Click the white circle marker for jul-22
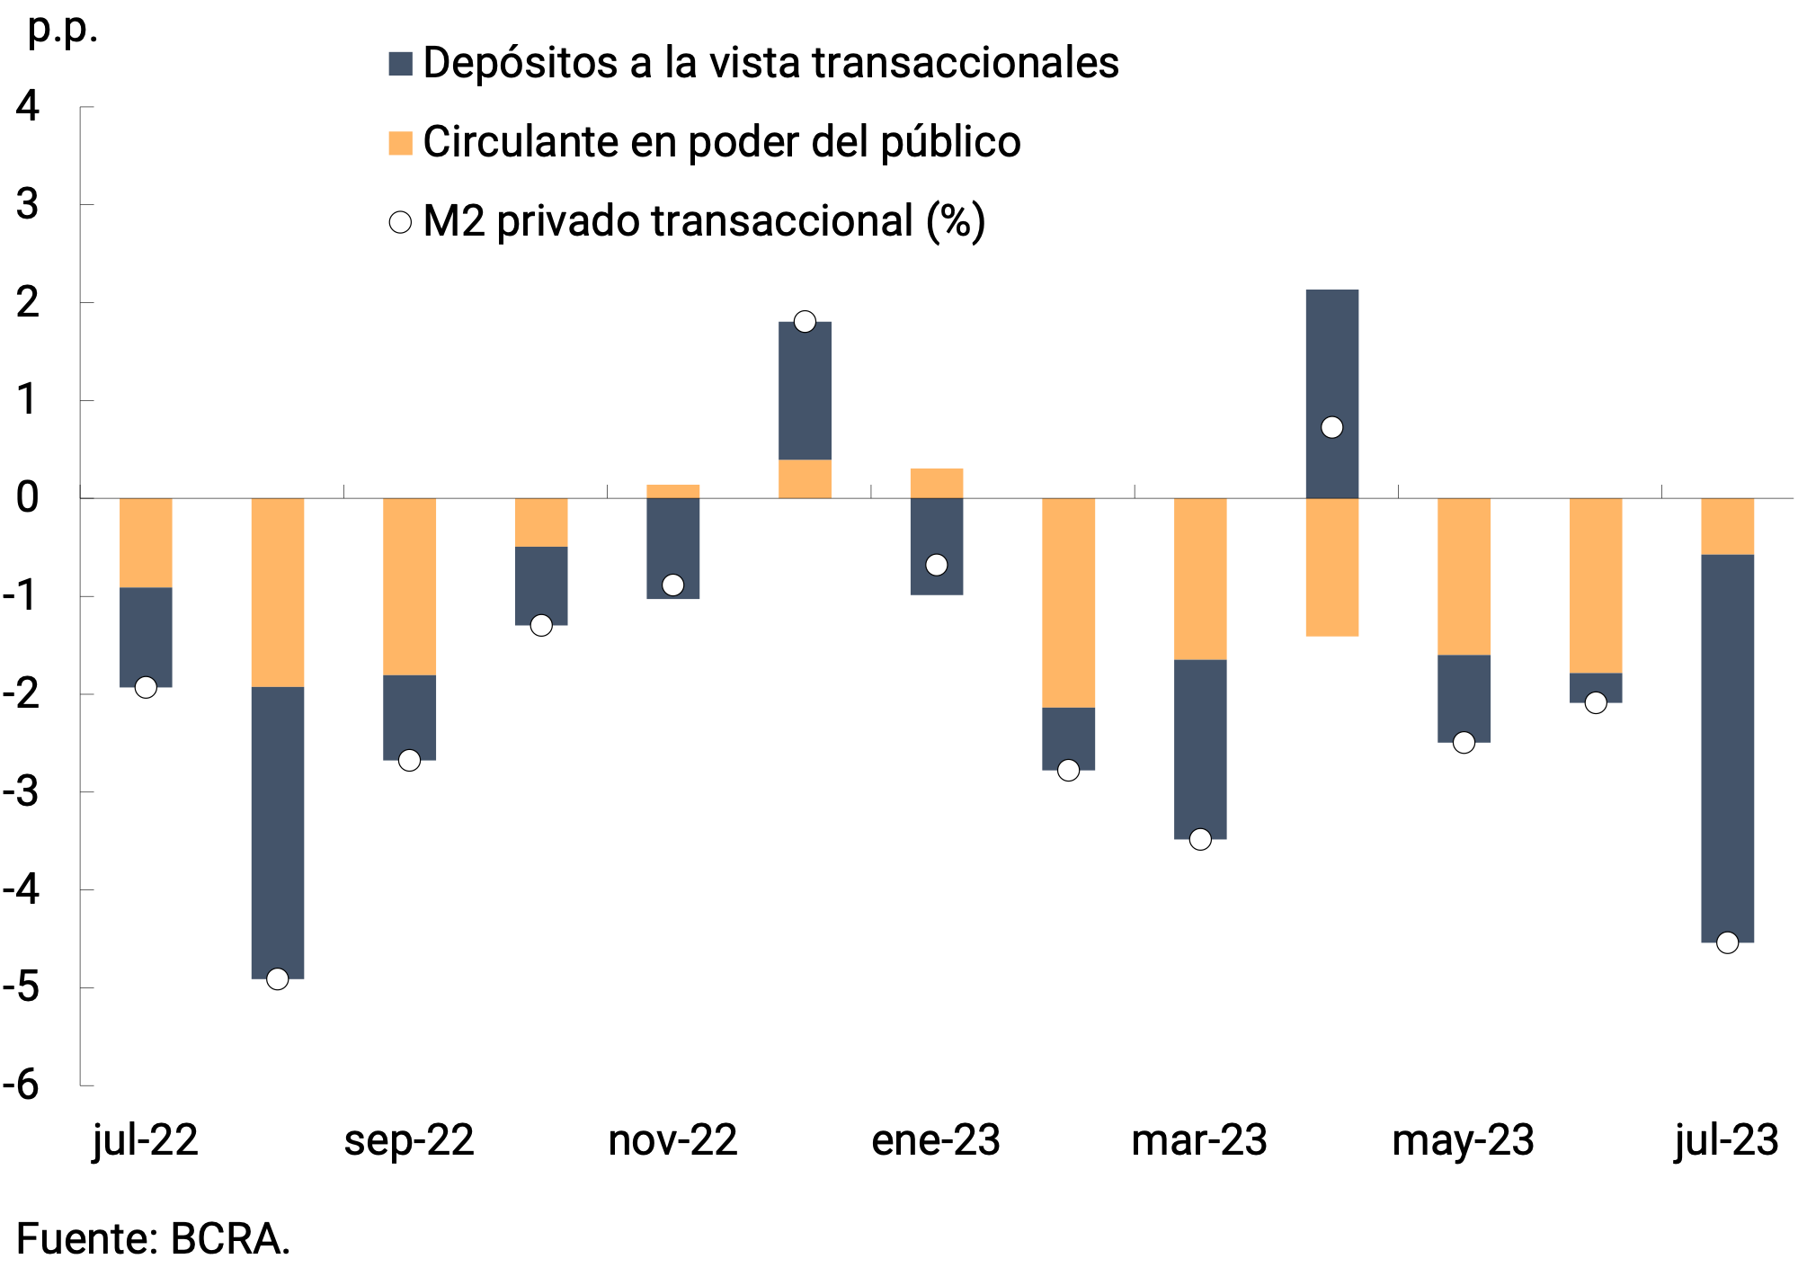146,687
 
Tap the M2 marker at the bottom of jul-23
1727,942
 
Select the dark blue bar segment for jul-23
1727,746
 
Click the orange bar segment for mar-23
1200,578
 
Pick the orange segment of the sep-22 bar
409,585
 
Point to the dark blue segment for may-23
1464,698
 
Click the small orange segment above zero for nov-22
673,491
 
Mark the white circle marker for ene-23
937,565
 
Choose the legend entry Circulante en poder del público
721,142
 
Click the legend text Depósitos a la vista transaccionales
770,63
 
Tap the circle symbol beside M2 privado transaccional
400,222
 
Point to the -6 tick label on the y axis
22,1085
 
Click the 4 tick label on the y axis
28,106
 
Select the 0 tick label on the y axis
28,497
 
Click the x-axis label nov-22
672,1140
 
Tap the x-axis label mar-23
1199,1140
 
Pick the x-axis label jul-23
1726,1140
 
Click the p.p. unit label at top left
62,29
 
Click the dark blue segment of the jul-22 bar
146,637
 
